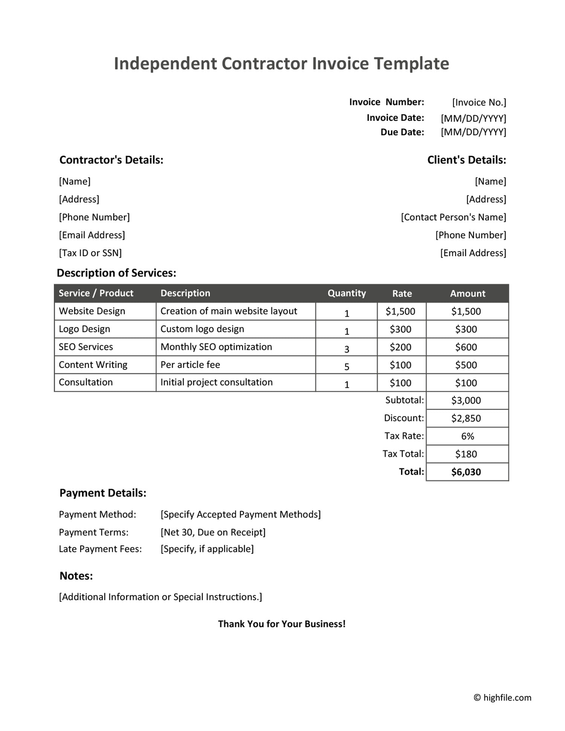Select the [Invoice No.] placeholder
[479, 102]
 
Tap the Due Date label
[402, 132]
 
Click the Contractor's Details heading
[111, 160]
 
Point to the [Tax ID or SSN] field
[90, 253]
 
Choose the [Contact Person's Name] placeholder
[453, 217]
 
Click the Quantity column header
[347, 293]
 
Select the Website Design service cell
[92, 311]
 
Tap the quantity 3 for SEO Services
[347, 349]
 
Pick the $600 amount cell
[466, 347]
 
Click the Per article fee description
[190, 365]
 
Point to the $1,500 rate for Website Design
[400, 311]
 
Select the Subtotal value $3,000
[466, 400]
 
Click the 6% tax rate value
[467, 436]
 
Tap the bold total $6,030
[466, 472]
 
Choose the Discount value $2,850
[466, 418]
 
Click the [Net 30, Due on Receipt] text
[213, 532]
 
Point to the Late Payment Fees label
[100, 549]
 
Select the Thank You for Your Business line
[282, 624]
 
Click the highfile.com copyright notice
[502, 698]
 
